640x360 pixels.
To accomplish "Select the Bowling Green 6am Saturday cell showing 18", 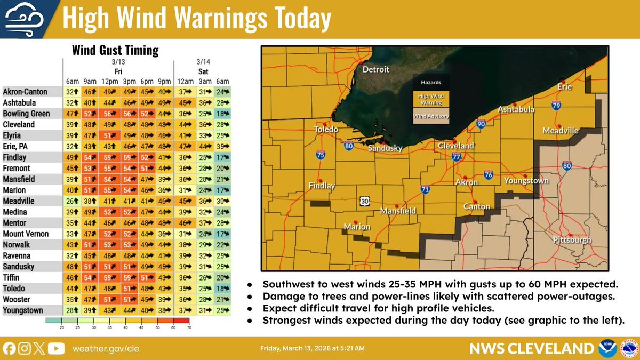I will click(220, 114).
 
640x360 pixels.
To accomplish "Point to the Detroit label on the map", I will click(375, 69).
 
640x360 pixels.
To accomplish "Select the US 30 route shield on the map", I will click(364, 200).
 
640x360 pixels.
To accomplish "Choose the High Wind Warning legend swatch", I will click(431, 98).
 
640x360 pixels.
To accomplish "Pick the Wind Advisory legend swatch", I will click(431, 116).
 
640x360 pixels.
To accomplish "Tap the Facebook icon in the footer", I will click(9, 348).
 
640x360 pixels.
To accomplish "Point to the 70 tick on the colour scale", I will click(189, 326).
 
